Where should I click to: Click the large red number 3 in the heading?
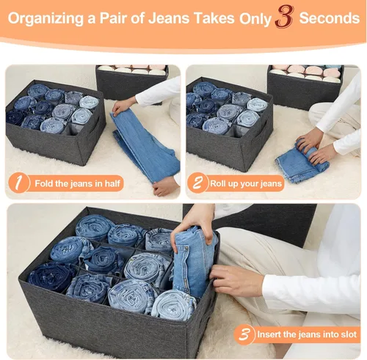[284, 17]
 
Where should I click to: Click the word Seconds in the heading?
[330, 18]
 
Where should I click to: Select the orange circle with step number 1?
[19, 183]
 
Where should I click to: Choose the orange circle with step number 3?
[244, 334]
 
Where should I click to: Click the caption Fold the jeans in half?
[77, 183]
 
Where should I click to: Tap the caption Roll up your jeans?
[246, 183]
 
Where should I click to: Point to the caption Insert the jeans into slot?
[307, 334]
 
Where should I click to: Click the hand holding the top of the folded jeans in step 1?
[123, 106]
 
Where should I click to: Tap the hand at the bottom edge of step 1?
[165, 188]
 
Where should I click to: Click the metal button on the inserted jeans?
[186, 249]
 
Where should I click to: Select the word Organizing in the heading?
[46, 19]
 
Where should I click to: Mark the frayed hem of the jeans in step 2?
[286, 172]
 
